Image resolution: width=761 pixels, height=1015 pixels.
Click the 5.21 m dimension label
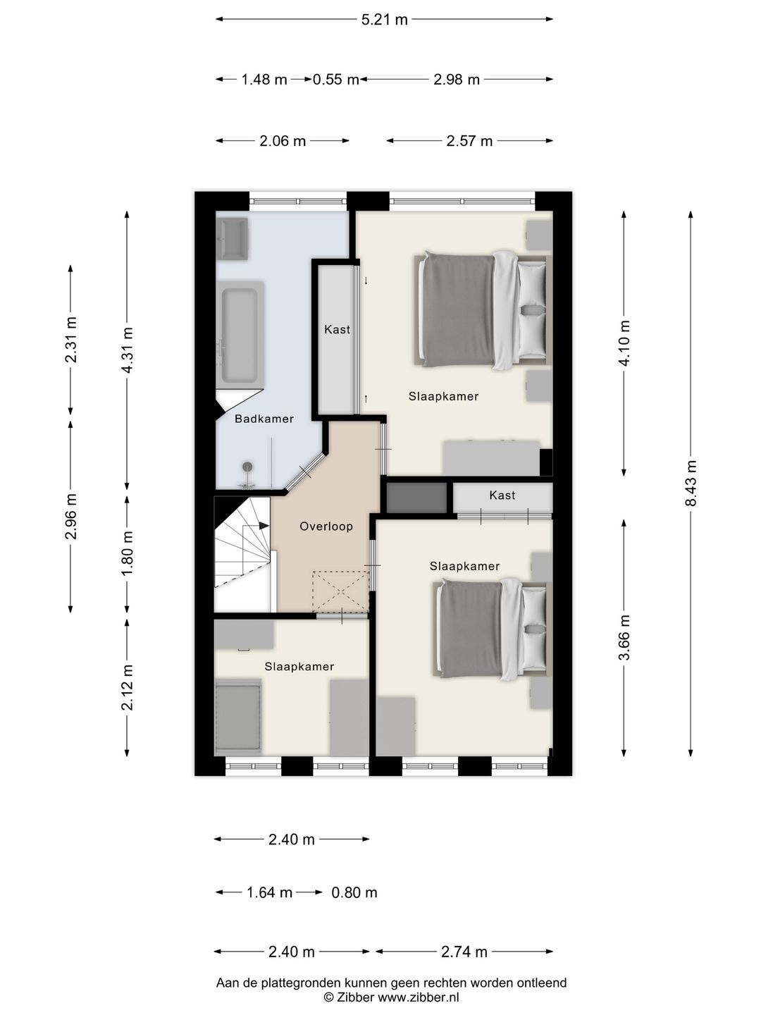point(384,20)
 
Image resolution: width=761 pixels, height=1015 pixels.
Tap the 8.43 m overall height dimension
point(691,484)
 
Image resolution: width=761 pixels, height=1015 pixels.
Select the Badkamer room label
point(264,419)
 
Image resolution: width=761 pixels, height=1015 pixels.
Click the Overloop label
point(326,527)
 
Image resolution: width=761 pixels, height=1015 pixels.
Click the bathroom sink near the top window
point(233,239)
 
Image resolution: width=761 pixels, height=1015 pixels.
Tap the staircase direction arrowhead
point(264,526)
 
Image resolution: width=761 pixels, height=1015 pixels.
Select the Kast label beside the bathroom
point(338,330)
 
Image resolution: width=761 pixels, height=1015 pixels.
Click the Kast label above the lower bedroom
point(502,496)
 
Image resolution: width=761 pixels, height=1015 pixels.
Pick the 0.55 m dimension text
point(336,80)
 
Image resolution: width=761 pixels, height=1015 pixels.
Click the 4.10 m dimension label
point(624,343)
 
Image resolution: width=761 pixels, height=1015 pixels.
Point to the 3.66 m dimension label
point(624,637)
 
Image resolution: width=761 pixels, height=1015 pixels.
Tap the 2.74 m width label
point(464,952)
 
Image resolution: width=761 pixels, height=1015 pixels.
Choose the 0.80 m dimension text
point(354,892)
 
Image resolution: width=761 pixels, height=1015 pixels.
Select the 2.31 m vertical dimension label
point(70,340)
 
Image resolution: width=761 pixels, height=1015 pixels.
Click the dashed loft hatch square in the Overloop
point(341,591)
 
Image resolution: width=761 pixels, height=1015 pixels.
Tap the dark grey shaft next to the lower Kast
point(416,498)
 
